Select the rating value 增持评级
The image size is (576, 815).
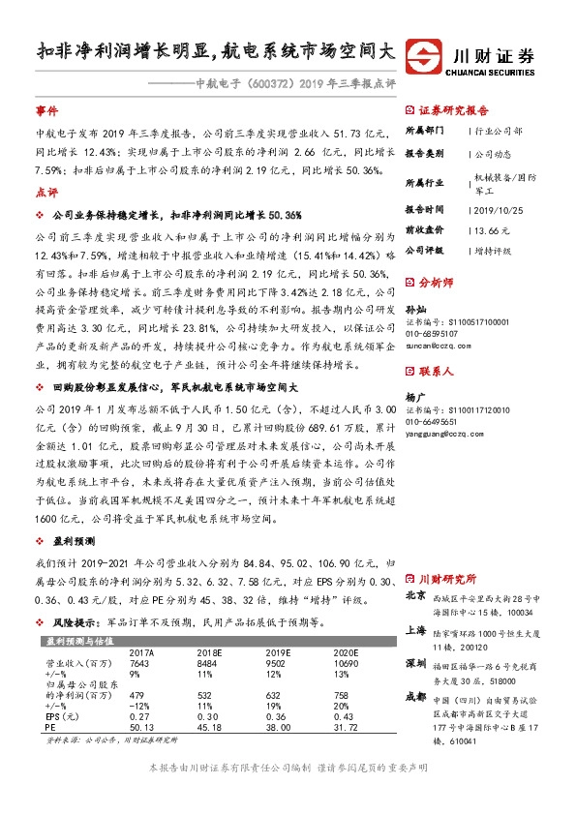(494, 250)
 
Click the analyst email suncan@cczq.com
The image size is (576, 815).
(440, 344)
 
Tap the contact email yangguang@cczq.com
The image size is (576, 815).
(447, 435)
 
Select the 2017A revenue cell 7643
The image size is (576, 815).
(141, 663)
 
